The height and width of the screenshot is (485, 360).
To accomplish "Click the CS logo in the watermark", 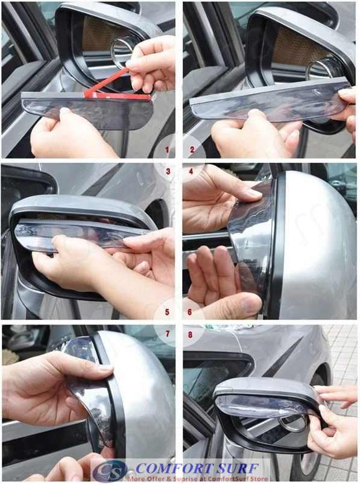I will [x=109, y=471].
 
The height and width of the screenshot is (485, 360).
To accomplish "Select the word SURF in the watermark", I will [x=235, y=468].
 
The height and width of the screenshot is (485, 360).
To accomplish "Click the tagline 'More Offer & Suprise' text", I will [x=163, y=478].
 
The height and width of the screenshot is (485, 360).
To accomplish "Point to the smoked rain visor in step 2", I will [x=265, y=103].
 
